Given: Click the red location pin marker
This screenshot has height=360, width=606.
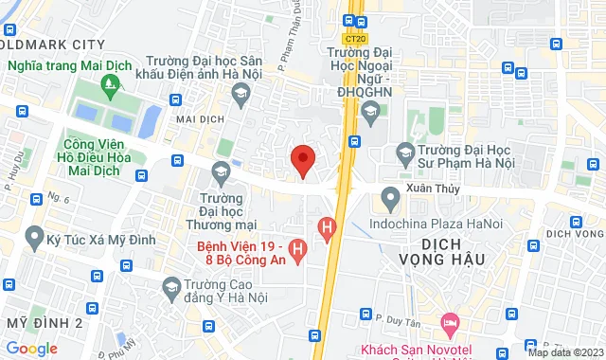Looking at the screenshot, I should (302, 160).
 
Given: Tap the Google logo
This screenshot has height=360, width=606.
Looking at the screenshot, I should (31, 348).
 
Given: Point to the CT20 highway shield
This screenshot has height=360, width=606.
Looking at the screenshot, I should (357, 40).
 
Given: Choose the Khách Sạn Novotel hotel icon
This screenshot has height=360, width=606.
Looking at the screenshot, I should (450, 323).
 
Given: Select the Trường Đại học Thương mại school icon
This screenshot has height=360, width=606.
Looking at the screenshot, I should (222, 171).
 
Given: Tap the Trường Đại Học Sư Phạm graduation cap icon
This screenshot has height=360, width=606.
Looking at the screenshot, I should (404, 152).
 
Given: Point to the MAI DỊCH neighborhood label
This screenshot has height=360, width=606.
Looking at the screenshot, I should (198, 121).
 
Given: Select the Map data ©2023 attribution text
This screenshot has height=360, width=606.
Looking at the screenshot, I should (564, 352).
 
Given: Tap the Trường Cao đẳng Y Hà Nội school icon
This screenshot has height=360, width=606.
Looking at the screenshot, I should (171, 285).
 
